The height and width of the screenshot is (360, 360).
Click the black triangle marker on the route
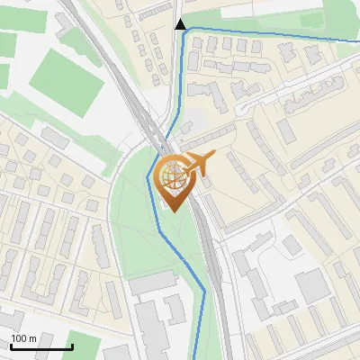[x=181, y=24]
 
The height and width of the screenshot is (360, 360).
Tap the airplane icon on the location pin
[x=198, y=163]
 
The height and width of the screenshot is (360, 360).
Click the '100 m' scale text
[x=23, y=338]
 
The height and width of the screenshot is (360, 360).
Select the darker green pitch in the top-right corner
[x=311, y=18]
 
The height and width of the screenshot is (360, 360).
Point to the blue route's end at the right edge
[x=358, y=43]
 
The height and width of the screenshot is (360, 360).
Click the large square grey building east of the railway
[x=312, y=286]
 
